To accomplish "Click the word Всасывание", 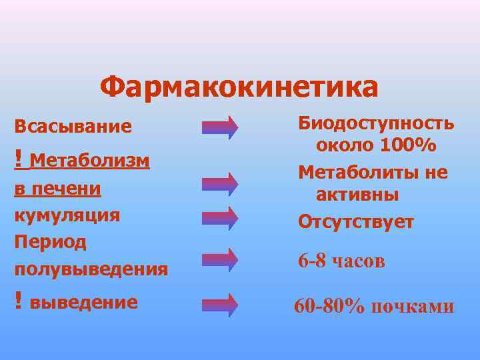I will pyautogui.click(x=73, y=126).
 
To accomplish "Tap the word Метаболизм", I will pyautogui.click(x=89, y=161).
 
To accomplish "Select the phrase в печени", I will pyautogui.click(x=57, y=189).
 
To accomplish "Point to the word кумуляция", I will pyautogui.click(x=67, y=215).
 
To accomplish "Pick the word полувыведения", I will pyautogui.click(x=91, y=269).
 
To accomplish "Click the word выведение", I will pyautogui.click(x=84, y=302).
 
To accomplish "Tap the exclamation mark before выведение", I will pyautogui.click(x=19, y=301).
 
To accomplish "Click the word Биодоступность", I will pyautogui.click(x=376, y=123).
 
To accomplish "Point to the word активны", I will pyautogui.click(x=357, y=195).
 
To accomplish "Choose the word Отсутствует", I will pyautogui.click(x=356, y=221).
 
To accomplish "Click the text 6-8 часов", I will pyautogui.click(x=341, y=261).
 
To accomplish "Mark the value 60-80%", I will pyautogui.click(x=330, y=306).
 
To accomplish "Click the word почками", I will pyautogui.click(x=412, y=306).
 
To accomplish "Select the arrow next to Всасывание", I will pyautogui.click(x=220, y=127).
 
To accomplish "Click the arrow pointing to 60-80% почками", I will pyautogui.click(x=220, y=304).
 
